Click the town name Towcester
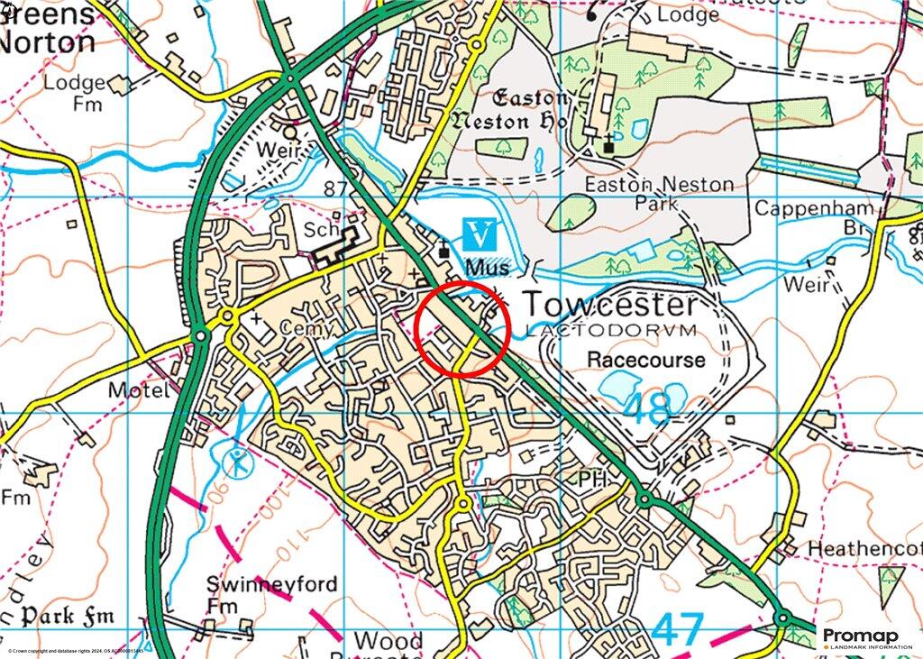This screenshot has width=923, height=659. point(609,305)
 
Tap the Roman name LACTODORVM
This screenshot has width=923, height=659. point(610,331)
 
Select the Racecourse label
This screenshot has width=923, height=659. point(645,360)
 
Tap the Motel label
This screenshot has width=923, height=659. point(137,390)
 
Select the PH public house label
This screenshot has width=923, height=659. point(592,477)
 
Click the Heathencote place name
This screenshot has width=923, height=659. point(864,549)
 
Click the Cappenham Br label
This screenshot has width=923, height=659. point(815,219)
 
